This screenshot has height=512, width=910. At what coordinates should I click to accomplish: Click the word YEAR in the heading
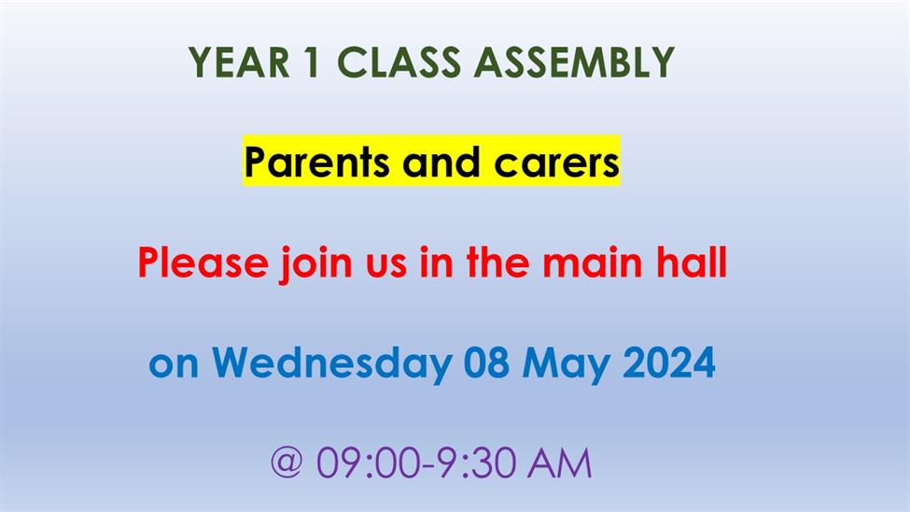click(239, 63)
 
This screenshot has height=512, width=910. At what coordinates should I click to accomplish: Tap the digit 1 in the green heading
click(312, 63)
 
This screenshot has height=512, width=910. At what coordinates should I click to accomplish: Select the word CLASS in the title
click(399, 63)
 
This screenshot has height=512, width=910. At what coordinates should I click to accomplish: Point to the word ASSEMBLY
click(574, 63)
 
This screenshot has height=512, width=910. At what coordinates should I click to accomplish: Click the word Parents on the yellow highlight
click(316, 163)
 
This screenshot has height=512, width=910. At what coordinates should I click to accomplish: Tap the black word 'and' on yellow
click(441, 163)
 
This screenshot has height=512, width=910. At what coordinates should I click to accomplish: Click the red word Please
click(203, 263)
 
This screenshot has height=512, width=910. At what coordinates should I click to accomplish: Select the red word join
click(316, 264)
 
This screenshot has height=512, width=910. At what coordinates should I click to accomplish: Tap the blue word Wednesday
click(331, 363)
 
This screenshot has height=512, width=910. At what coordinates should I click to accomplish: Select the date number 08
click(486, 363)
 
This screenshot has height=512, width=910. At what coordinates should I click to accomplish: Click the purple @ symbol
click(287, 462)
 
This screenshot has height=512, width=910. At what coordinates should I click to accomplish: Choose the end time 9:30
click(478, 462)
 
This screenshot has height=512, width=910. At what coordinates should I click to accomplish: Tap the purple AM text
click(559, 462)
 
